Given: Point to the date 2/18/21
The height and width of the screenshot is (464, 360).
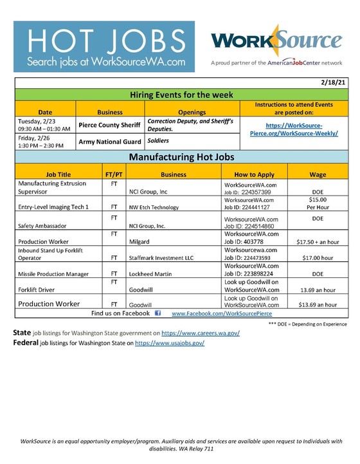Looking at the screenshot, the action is (x=332, y=83).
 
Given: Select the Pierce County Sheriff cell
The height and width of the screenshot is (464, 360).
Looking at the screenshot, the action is (x=109, y=125).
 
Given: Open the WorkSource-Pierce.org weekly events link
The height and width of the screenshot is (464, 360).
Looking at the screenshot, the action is (x=296, y=128).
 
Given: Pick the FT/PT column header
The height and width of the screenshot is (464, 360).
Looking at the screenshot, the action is (x=114, y=174).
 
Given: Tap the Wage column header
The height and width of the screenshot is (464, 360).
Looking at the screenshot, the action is (x=317, y=174).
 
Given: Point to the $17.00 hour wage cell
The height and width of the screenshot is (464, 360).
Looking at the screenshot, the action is (x=317, y=257).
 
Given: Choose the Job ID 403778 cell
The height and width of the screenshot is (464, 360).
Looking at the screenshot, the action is (x=254, y=240).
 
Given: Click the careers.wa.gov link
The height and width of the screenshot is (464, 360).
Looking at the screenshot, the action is (x=200, y=334).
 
